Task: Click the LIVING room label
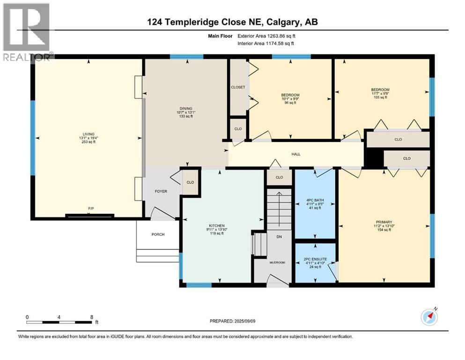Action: coord(89,134)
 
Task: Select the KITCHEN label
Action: coord(217,225)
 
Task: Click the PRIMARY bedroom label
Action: coord(384,222)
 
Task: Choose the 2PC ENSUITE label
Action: coord(315,259)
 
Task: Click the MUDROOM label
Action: coord(277,262)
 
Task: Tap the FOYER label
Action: coord(161,191)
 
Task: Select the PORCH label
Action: coord(158,234)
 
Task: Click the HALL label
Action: coord(295,154)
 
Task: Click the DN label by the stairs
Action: coord(279,237)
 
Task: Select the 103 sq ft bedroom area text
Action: coord(380,97)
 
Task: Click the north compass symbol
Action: coord(429,317)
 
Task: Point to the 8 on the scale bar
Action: coord(91,317)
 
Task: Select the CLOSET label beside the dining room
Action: coord(238,87)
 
